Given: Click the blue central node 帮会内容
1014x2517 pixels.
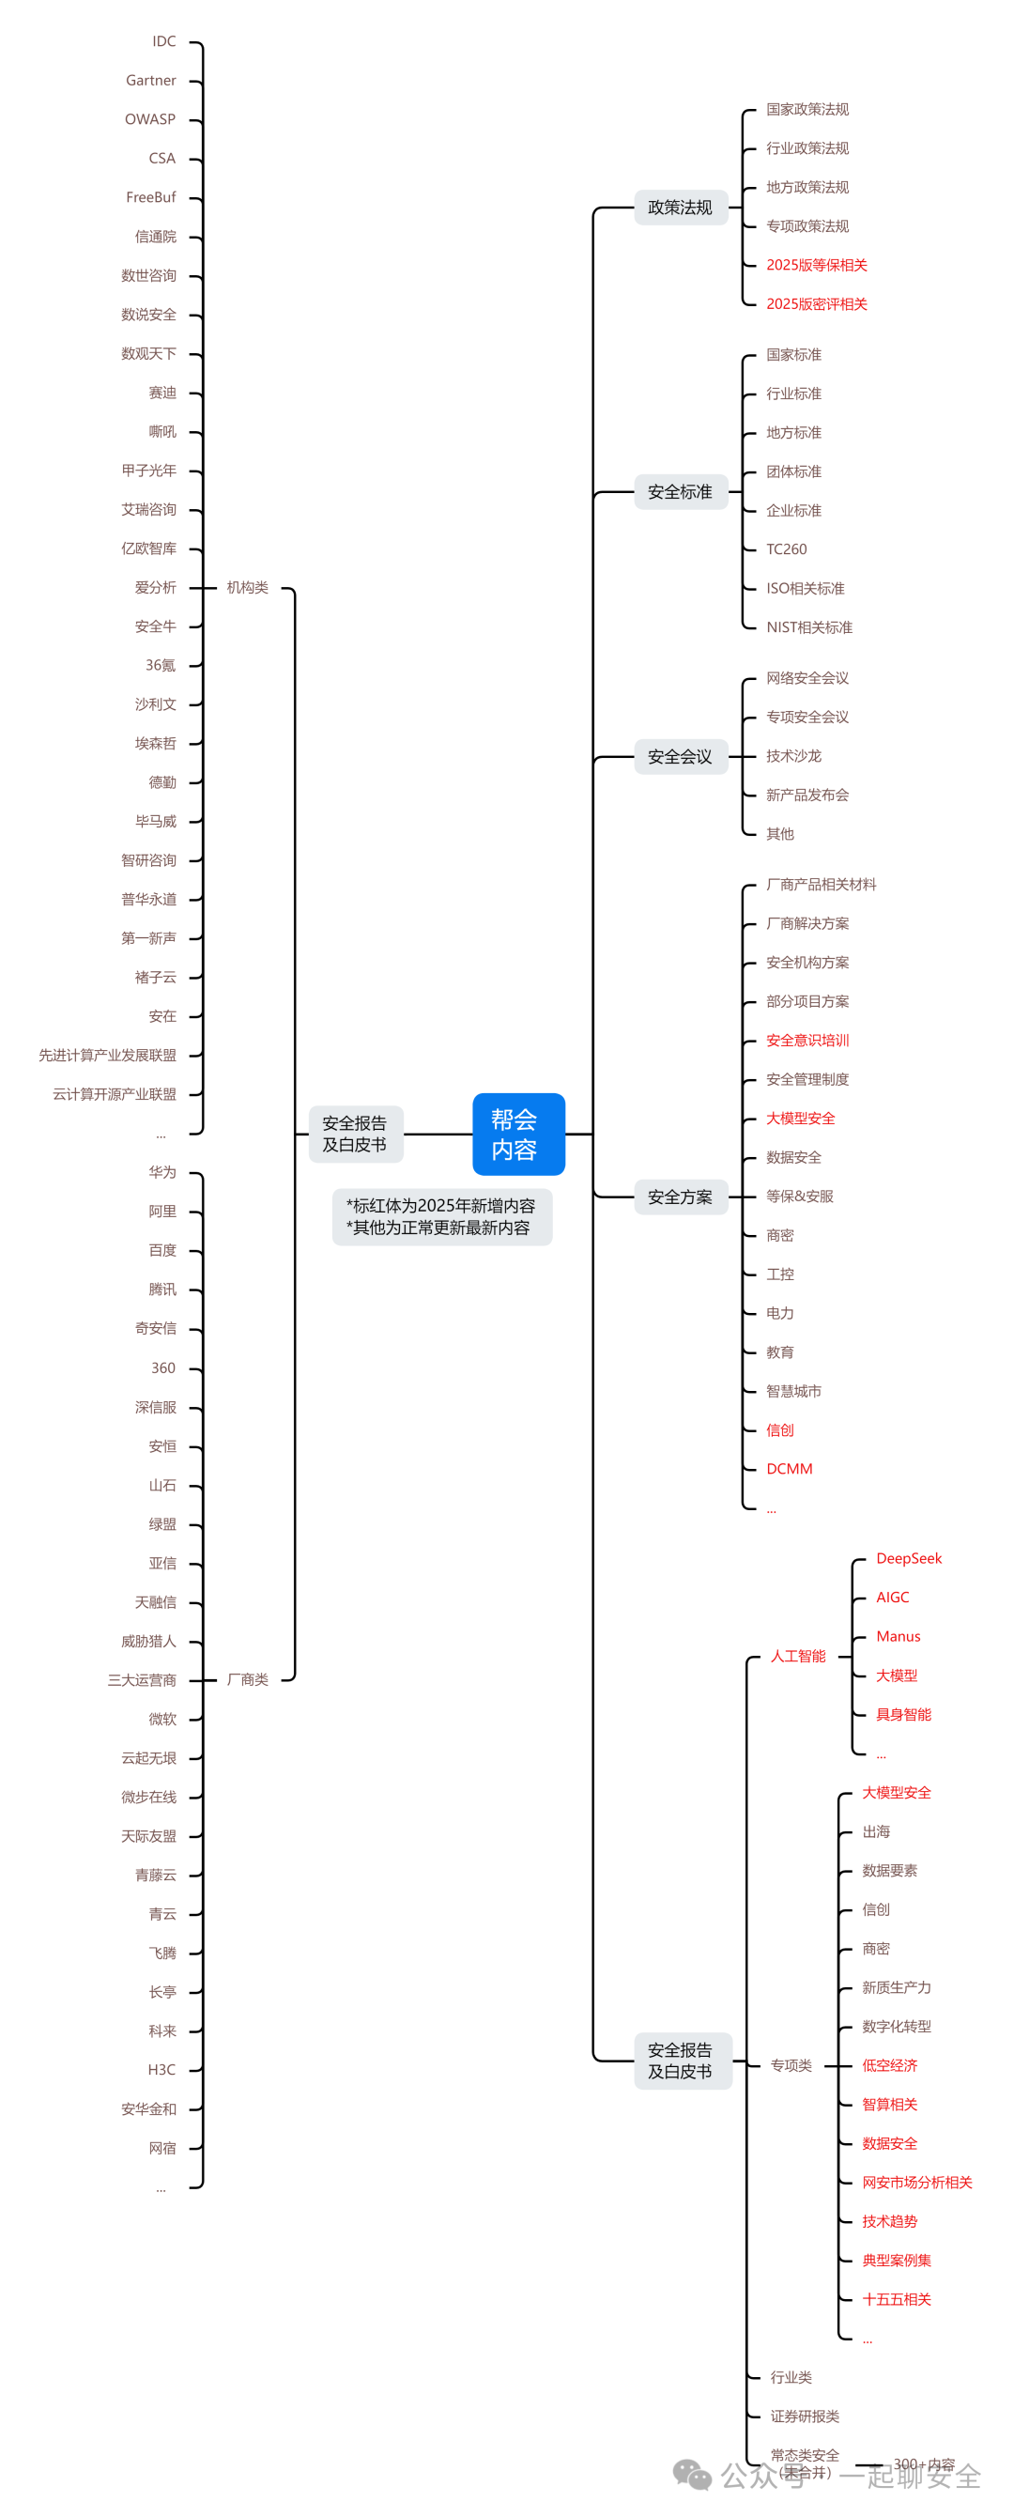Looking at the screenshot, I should [x=517, y=1134].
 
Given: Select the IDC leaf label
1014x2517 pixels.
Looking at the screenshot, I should [x=164, y=42].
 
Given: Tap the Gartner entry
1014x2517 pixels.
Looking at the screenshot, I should [x=150, y=81].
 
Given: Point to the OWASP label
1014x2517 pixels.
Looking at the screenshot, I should [x=149, y=120].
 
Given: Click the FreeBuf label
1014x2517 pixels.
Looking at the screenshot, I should [x=150, y=197].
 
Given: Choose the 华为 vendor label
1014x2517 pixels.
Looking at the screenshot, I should [x=162, y=1172].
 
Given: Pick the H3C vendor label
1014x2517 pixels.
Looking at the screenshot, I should [x=161, y=2070].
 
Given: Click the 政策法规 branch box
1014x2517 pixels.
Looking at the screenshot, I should [x=680, y=208].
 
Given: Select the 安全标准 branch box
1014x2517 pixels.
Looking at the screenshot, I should [x=680, y=491].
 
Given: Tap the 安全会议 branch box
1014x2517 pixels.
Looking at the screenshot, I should [x=680, y=756].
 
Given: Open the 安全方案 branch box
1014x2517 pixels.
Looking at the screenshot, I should [x=680, y=1197].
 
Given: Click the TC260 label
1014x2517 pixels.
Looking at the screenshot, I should [x=787, y=549].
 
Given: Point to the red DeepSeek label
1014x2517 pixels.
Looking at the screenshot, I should [x=909, y=1558].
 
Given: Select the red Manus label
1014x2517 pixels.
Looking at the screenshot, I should [x=898, y=1637].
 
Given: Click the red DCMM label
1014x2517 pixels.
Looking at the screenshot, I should [x=790, y=1469].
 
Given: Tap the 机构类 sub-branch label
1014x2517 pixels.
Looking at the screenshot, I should [x=247, y=587].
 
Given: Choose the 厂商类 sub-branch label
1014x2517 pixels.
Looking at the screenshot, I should [x=247, y=1679].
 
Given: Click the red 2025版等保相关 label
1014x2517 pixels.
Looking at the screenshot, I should [x=817, y=265].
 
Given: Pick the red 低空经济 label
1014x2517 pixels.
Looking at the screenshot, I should [x=889, y=2065].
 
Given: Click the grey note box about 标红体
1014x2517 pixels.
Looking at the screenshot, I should [x=441, y=1216].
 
